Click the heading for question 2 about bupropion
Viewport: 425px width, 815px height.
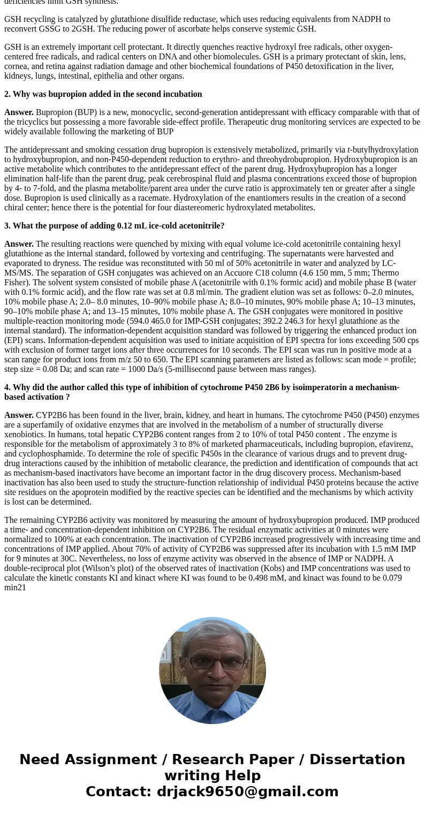click(103, 94)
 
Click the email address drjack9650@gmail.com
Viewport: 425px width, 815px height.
click(247, 792)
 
